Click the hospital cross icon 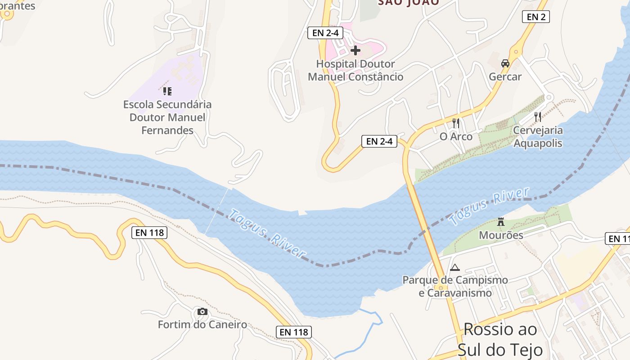(355, 50)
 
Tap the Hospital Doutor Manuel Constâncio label (355, 71)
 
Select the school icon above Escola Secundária (167, 91)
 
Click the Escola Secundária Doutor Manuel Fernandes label (167, 117)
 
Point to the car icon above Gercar (505, 63)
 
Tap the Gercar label (505, 77)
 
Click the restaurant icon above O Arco (456, 123)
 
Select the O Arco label (456, 137)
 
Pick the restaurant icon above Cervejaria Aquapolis (538, 117)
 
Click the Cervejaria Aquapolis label (538, 137)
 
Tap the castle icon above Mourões (501, 221)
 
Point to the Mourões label (501, 235)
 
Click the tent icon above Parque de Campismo (455, 268)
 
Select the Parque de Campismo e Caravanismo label (455, 287)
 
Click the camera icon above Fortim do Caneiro (202, 311)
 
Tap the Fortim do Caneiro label (202, 324)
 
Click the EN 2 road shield (535, 17)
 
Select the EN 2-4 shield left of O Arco (379, 141)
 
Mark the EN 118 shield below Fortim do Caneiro (293, 332)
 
